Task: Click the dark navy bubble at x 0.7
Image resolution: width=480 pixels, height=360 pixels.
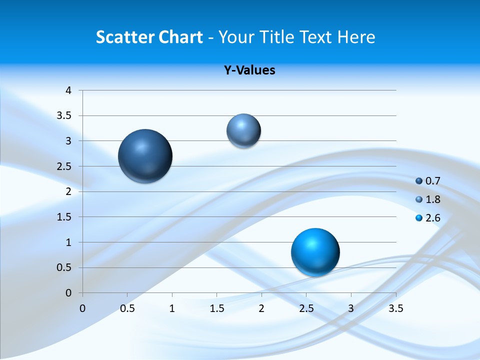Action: pyautogui.click(x=145, y=156)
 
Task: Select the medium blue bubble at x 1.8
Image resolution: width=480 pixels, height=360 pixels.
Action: pyautogui.click(x=243, y=130)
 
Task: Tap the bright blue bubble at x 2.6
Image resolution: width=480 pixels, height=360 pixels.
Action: pyautogui.click(x=315, y=252)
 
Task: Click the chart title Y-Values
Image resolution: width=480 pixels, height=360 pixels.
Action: pyautogui.click(x=249, y=70)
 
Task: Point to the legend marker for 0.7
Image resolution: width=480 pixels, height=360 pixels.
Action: pyautogui.click(x=419, y=181)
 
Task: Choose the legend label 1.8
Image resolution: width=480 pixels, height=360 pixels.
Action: pyautogui.click(x=432, y=199)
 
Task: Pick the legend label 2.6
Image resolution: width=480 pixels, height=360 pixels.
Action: pyautogui.click(x=432, y=218)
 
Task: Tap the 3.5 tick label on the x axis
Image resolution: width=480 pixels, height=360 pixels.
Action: pyautogui.click(x=395, y=308)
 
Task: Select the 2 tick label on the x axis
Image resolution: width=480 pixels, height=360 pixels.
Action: pyautogui.click(x=261, y=308)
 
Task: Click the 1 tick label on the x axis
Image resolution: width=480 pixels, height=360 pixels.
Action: pyautogui.click(x=172, y=308)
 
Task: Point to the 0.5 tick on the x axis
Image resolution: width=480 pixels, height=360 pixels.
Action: pyautogui.click(x=127, y=308)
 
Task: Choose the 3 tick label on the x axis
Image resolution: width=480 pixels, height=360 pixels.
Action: pyautogui.click(x=351, y=308)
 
